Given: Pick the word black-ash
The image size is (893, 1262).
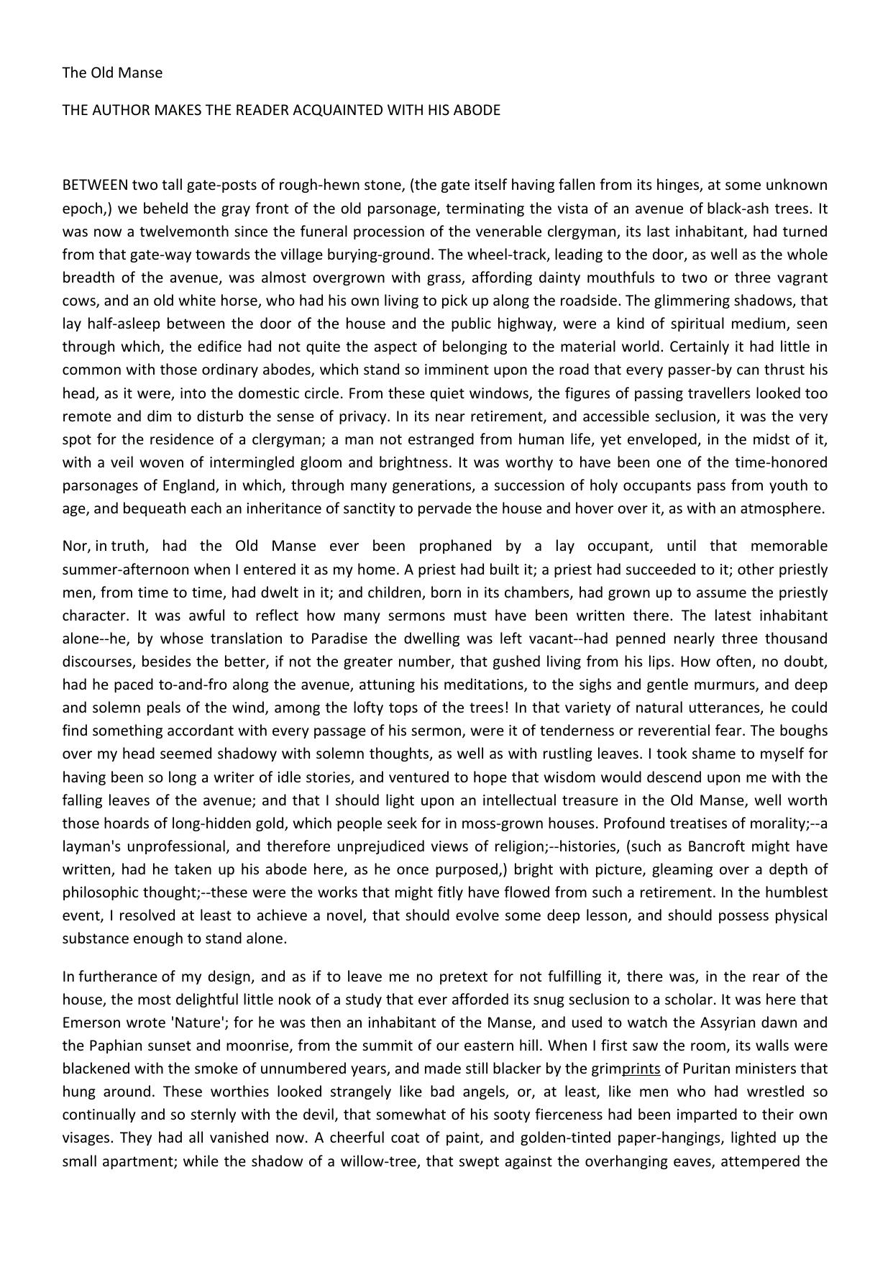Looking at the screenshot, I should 741,209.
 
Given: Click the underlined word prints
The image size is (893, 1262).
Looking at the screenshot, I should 641,1069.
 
